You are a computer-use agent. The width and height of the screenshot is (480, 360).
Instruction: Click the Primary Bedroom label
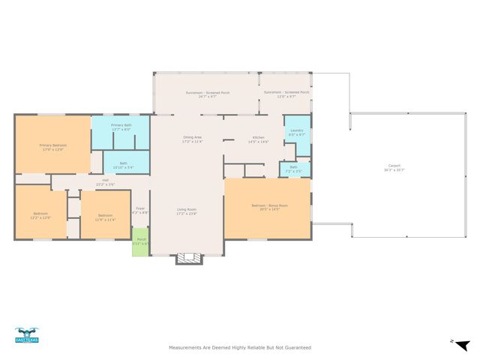pyautogui.click(x=52, y=146)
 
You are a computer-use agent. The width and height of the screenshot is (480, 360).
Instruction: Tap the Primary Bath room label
pyautogui.click(x=121, y=127)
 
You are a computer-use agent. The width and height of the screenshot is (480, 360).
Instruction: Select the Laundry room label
pyautogui.click(x=296, y=133)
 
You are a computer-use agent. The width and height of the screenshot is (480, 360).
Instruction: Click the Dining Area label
pyautogui.click(x=193, y=139)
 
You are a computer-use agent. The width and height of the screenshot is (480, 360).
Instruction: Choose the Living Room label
pyautogui.click(x=186, y=211)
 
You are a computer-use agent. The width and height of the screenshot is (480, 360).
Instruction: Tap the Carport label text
pyautogui.click(x=394, y=167)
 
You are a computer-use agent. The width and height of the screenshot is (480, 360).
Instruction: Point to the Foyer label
pyautogui.click(x=140, y=210)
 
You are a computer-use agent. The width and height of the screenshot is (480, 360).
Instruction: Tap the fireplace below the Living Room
pyautogui.click(x=189, y=259)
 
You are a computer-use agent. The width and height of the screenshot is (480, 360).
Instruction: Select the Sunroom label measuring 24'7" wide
pyautogui.click(x=208, y=94)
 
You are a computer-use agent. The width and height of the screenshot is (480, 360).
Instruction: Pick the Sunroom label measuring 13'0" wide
pyautogui.click(x=286, y=94)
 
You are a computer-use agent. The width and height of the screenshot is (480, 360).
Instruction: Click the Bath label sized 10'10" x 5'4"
pyautogui.click(x=123, y=165)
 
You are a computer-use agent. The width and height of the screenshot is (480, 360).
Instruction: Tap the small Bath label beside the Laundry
pyautogui.click(x=294, y=169)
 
